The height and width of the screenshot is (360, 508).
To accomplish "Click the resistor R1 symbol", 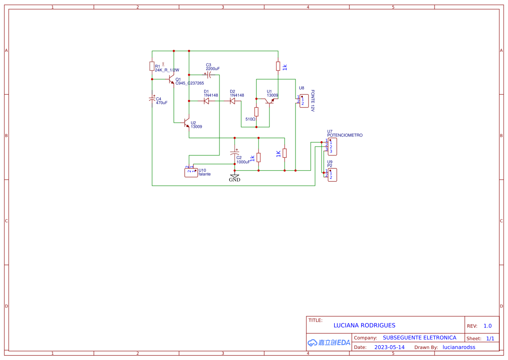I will click(x=152, y=66).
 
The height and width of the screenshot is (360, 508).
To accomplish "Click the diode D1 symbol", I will click(x=206, y=101).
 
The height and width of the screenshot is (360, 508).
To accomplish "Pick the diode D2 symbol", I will click(x=232, y=101).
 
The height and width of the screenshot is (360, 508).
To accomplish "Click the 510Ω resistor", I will click(x=256, y=112).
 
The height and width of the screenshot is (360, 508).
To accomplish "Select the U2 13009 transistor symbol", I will click(x=187, y=123).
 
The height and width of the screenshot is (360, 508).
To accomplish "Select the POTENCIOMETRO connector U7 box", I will click(x=332, y=146).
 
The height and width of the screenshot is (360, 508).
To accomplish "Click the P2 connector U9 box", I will click(x=332, y=175).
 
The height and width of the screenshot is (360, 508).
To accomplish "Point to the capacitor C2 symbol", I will click(x=235, y=153).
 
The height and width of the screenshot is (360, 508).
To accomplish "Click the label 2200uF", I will click(x=212, y=69).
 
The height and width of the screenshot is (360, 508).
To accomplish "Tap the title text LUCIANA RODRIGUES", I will click(x=364, y=325).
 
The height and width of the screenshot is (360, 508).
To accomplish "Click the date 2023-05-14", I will click(x=389, y=347).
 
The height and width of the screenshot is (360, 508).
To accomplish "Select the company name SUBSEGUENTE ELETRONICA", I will click(x=419, y=337).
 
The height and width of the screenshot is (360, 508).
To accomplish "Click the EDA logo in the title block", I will click(x=329, y=342).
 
